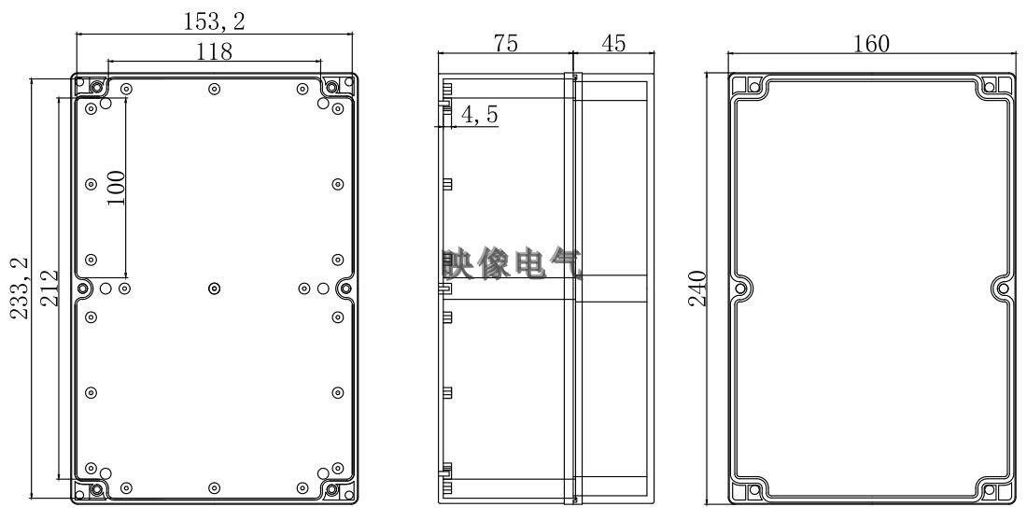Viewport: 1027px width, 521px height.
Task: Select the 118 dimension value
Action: pyautogui.click(x=214, y=52)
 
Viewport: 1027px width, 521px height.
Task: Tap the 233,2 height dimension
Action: pyautogui.click(x=20, y=289)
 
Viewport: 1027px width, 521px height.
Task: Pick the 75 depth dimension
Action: pyautogui.click(x=506, y=43)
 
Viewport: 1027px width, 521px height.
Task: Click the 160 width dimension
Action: pyautogui.click(x=871, y=43)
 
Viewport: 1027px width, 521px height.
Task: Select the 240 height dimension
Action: pyautogui.click(x=707, y=289)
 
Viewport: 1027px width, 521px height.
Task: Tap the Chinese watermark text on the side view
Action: pyautogui.click(x=512, y=265)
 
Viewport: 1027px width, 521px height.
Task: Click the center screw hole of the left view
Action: pyautogui.click(x=215, y=289)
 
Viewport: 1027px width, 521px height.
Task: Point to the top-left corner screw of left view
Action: pyautogui.click(x=98, y=88)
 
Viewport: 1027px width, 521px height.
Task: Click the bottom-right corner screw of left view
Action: pyautogui.click(x=331, y=489)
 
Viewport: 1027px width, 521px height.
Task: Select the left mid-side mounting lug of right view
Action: pyautogui.click(x=742, y=289)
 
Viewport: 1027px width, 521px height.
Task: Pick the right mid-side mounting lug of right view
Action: pyautogui.click(x=1003, y=289)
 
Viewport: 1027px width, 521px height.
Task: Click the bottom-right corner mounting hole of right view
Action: pyautogui.click(x=1002, y=491)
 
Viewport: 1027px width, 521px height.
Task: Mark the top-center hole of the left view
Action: pyautogui.click(x=215, y=90)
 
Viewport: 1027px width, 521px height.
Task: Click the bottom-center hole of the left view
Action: pyautogui.click(x=215, y=488)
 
